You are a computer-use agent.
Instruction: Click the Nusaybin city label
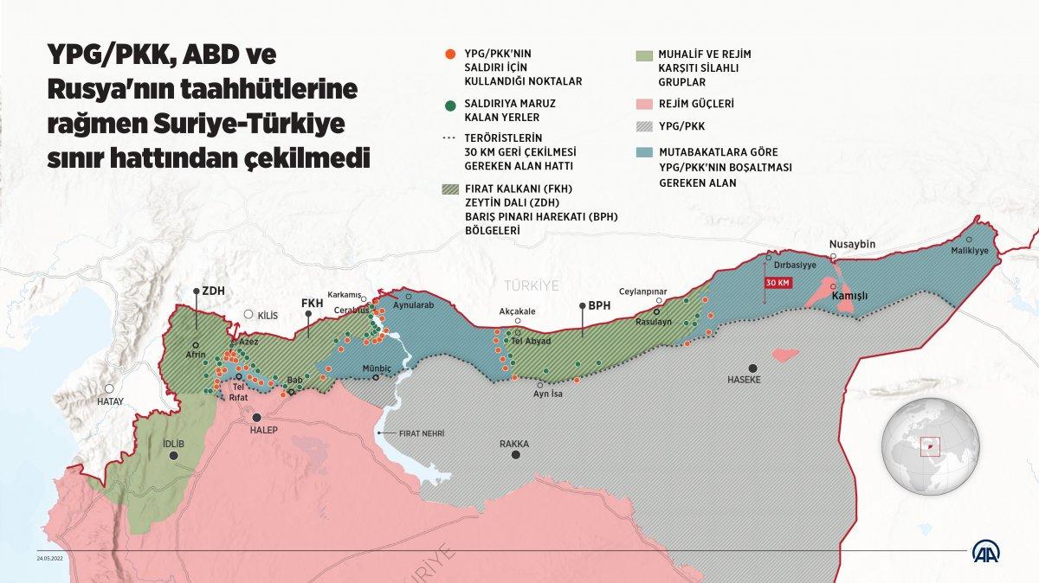point(852,244)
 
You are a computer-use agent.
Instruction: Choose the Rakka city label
point(514,444)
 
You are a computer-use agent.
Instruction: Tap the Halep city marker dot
point(257,417)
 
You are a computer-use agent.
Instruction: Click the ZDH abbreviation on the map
point(213,291)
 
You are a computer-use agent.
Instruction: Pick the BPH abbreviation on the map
point(599,305)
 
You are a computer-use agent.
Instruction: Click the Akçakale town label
point(518,311)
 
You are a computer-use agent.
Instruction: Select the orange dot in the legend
point(448,54)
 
